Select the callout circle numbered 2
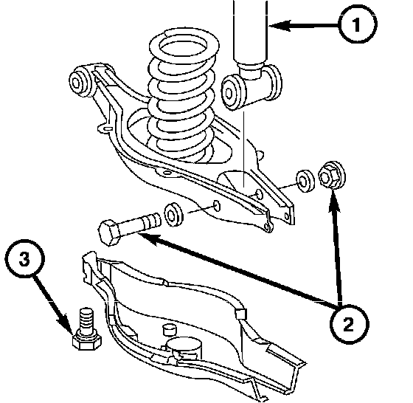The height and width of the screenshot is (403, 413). pyautogui.click(x=349, y=324)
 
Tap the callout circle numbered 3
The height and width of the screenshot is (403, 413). pyautogui.click(x=25, y=258)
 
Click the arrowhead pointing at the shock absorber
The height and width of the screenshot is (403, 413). pyautogui.click(x=280, y=26)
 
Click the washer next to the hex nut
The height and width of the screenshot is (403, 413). pyautogui.click(x=305, y=181)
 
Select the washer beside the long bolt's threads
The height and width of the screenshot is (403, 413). pyautogui.click(x=173, y=214)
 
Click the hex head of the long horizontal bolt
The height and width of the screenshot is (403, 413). pyautogui.click(x=109, y=232)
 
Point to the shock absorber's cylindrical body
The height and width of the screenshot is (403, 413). pyautogui.click(x=250, y=32)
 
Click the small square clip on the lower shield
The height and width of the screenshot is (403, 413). pyautogui.click(x=240, y=314)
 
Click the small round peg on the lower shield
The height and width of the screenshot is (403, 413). pyautogui.click(x=170, y=329)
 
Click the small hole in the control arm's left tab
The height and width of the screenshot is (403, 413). pyautogui.click(x=108, y=128)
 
